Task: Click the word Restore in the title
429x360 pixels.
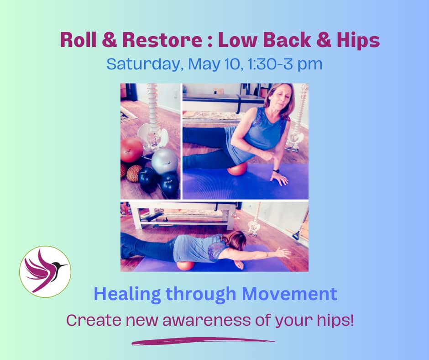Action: point(162,40)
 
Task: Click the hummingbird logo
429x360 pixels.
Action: point(45,271)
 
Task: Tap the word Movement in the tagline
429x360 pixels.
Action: point(289,294)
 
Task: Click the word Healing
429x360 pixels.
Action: point(127,295)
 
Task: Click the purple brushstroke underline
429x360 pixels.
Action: point(203,341)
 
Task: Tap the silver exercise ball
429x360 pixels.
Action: point(165,161)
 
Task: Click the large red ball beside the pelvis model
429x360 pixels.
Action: point(131,150)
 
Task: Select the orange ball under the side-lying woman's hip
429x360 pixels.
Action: point(237,169)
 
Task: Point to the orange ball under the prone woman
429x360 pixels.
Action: point(185,266)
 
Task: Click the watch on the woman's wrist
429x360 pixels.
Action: point(276,171)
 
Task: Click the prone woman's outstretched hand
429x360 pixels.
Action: point(283,252)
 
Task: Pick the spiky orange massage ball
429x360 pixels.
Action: point(134,174)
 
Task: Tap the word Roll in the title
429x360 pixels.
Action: point(78,40)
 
